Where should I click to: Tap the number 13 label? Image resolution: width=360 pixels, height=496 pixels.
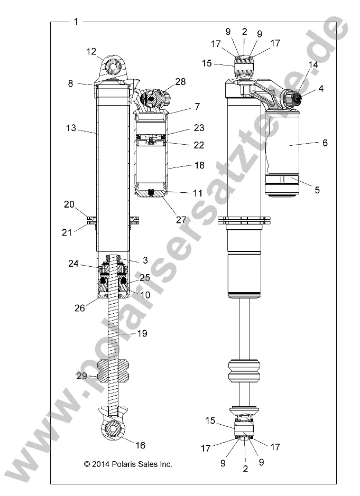pyautogui.click(x=71, y=128)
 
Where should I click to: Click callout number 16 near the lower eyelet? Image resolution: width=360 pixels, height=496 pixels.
pyautogui.click(x=140, y=445)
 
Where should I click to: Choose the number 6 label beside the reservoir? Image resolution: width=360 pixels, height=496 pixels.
pyautogui.click(x=324, y=143)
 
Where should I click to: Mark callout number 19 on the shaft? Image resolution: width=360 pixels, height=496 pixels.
pyautogui.click(x=142, y=333)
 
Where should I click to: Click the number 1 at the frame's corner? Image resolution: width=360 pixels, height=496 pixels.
pyautogui.click(x=77, y=22)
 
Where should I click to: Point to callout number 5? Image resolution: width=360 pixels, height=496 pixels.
pyautogui.click(x=317, y=190)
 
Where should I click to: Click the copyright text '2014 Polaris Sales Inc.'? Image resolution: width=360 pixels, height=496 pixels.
pyautogui.click(x=128, y=464)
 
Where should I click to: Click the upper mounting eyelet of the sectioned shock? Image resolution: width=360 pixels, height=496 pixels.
pyautogui.click(x=112, y=68)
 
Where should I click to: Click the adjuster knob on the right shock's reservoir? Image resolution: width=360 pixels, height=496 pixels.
pyautogui.click(x=292, y=98)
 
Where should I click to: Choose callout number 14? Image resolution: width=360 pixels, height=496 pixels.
pyautogui.click(x=313, y=64)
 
